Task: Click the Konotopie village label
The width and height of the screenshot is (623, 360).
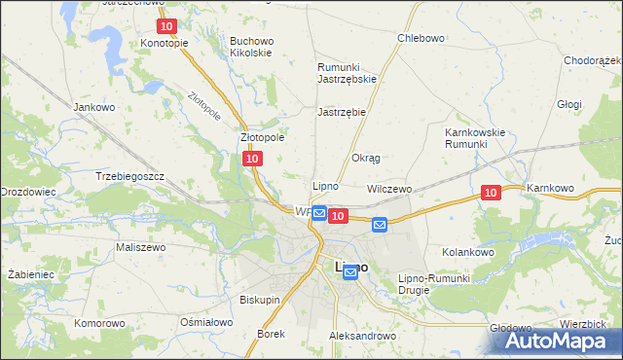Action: (164, 44)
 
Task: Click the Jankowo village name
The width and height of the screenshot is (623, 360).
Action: (94, 106)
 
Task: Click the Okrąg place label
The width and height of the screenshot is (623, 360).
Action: (365, 158)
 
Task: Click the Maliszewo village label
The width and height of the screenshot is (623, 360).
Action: (141, 248)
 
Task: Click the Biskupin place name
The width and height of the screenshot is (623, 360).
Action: (260, 300)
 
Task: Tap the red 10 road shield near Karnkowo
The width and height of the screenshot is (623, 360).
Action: (491, 194)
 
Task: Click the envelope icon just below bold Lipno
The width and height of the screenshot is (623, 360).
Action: (350, 274)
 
